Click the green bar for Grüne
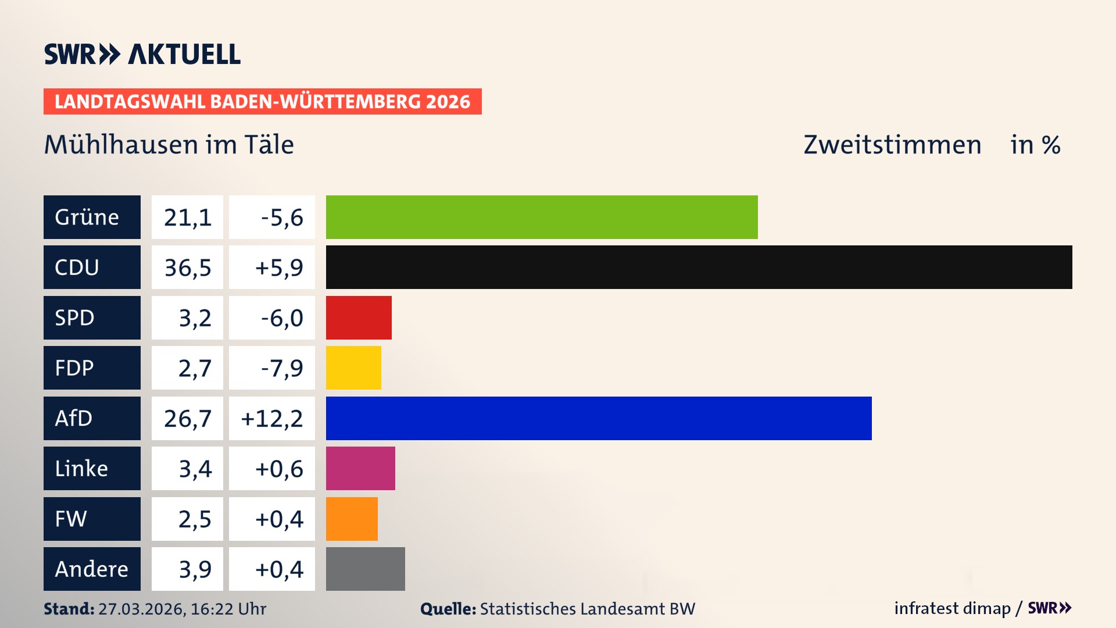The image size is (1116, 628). click(x=542, y=217)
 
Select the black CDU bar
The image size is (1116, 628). click(x=699, y=267)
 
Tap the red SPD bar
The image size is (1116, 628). click(x=359, y=317)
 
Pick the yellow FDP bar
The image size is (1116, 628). click(x=353, y=368)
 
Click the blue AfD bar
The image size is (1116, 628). click(x=599, y=418)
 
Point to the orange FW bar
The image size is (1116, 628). click(x=352, y=519)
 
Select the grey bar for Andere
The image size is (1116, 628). click(x=365, y=569)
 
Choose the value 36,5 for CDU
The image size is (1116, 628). click(x=187, y=267)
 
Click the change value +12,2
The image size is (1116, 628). click(x=271, y=418)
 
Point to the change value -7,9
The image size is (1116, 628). click(x=281, y=368)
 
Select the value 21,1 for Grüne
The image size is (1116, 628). click(x=187, y=217)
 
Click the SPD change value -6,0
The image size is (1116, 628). click(x=281, y=317)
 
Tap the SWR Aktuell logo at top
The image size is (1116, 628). click(x=142, y=54)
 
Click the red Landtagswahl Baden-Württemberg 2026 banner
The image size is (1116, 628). click(x=262, y=101)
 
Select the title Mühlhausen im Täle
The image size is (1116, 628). click(x=169, y=145)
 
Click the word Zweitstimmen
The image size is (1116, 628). click(x=892, y=145)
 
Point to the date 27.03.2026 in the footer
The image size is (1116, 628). click(x=141, y=609)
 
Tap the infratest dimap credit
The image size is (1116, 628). click(x=952, y=608)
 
